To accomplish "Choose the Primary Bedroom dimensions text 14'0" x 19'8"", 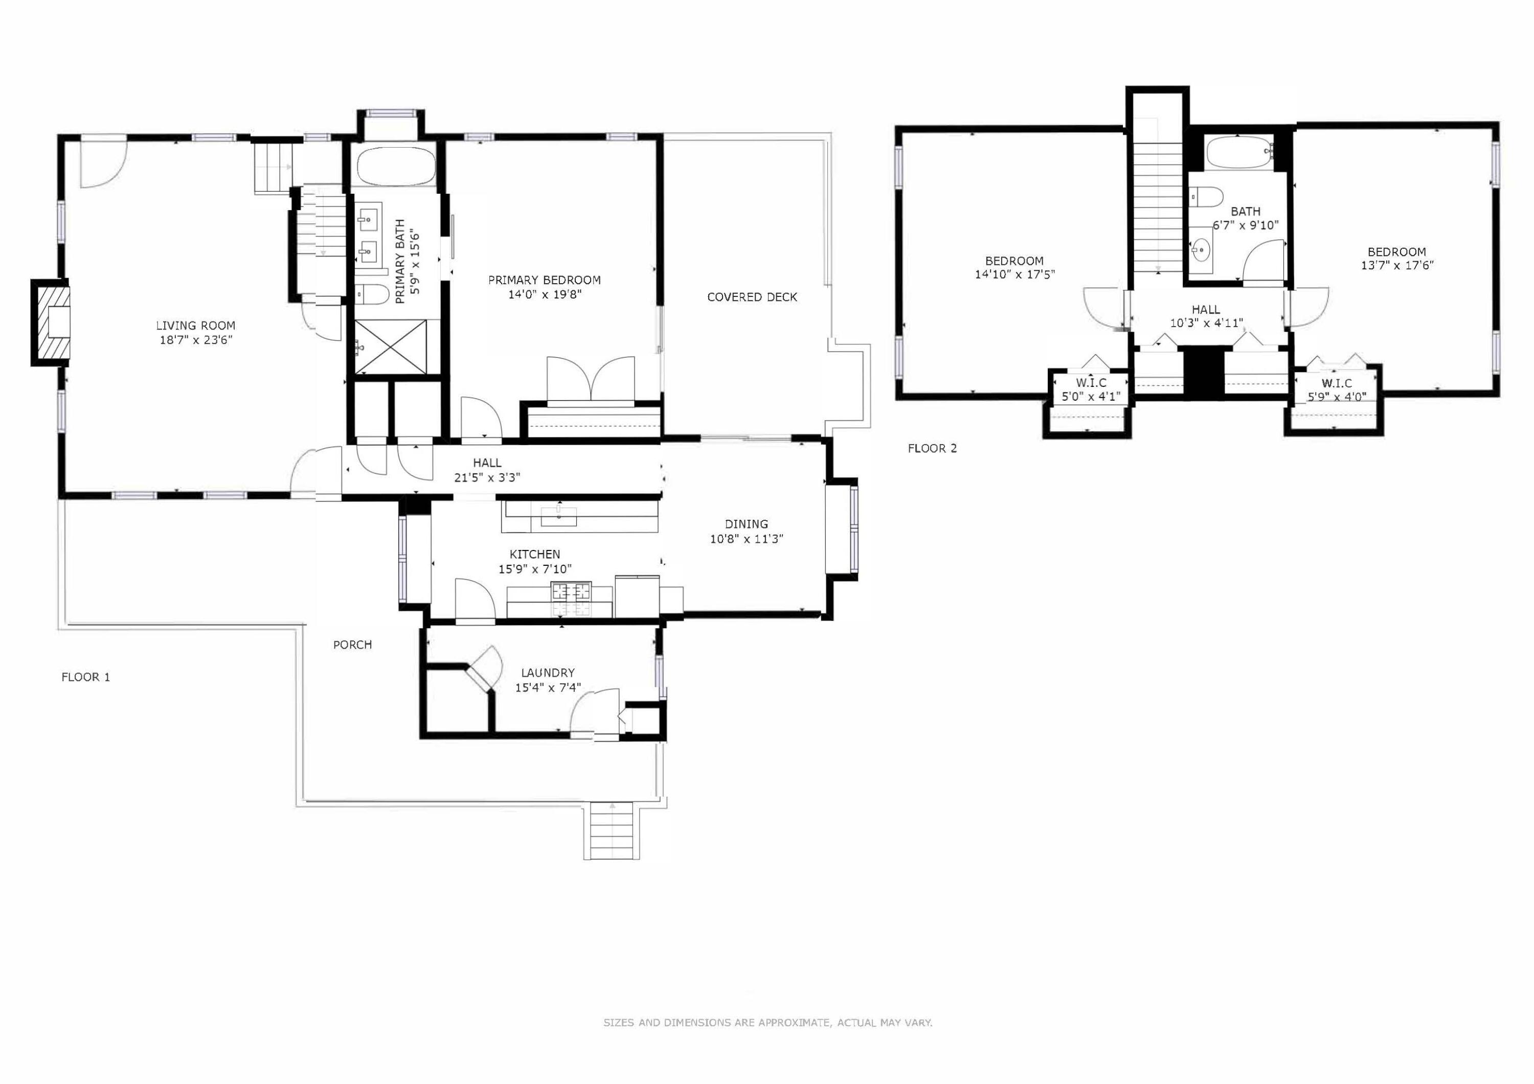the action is pyautogui.click(x=545, y=294).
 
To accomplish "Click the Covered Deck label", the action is pyautogui.click(x=752, y=297).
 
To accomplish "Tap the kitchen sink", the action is pyautogui.click(x=558, y=516).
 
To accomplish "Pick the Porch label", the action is pyautogui.click(x=353, y=644).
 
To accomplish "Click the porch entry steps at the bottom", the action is pyautogui.click(x=612, y=830).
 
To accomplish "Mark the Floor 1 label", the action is pyautogui.click(x=85, y=677).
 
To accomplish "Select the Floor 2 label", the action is pyautogui.click(x=932, y=448).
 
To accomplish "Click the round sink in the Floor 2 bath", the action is pyautogui.click(x=1201, y=250).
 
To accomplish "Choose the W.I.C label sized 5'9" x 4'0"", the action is pyautogui.click(x=1336, y=389).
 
